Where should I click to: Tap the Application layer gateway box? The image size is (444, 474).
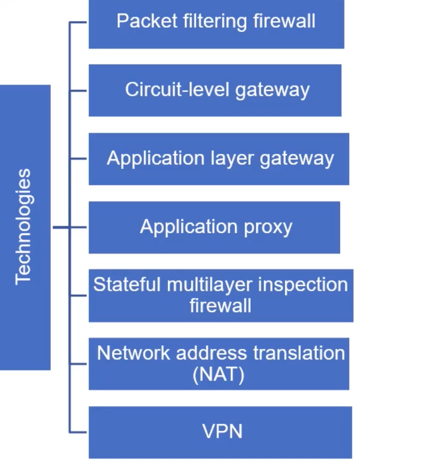(x=218, y=159)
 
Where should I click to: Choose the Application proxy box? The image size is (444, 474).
(x=214, y=227)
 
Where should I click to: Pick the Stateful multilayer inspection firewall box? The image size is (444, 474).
(x=221, y=296)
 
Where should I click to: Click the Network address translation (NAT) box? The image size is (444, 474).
(x=219, y=364)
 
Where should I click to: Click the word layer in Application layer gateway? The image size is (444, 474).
(x=236, y=159)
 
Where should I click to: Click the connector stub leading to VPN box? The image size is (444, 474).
(x=78, y=432)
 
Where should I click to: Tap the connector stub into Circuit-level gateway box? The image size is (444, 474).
(x=78, y=90)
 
